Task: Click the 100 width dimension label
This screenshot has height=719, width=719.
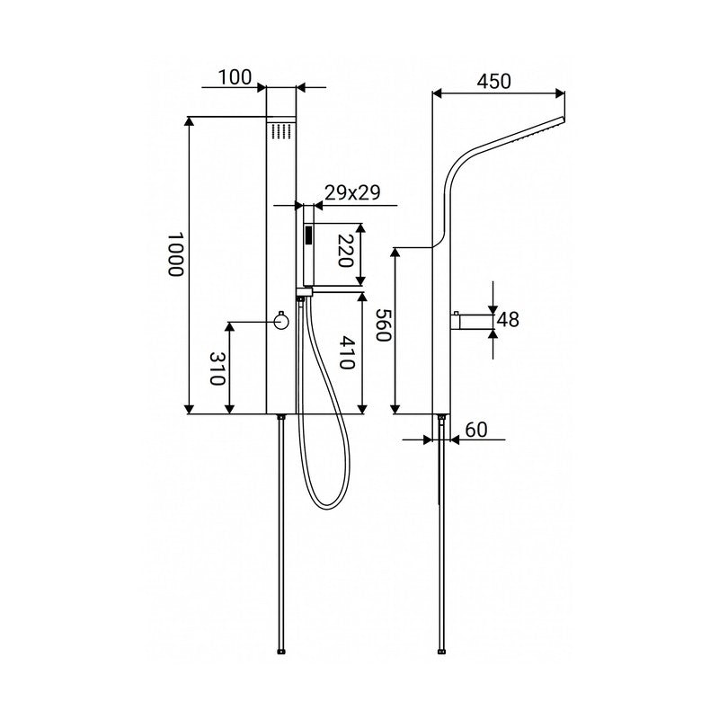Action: coord(235,77)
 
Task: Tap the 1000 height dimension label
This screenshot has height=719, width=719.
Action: coord(175,254)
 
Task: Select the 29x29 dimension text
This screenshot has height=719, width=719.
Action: coord(352,192)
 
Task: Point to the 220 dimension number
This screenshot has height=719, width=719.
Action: coord(346,251)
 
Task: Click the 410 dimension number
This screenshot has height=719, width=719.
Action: coord(347,352)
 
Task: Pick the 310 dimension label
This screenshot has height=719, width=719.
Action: coord(217,368)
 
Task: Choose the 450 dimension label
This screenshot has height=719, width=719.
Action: coord(493,82)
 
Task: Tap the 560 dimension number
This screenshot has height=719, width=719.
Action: coord(383,324)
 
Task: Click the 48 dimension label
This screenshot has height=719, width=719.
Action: coord(508,319)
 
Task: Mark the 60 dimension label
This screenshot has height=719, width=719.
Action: coord(476,430)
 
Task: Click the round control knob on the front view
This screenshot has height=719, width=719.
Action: coord(281,321)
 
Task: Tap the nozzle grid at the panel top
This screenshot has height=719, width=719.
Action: coord(282,130)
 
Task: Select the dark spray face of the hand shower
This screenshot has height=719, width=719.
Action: coord(309,235)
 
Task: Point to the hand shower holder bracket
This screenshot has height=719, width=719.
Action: coord(304,290)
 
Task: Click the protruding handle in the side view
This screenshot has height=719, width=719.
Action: coord(473,322)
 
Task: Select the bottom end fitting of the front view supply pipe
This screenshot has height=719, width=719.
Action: coord(281,651)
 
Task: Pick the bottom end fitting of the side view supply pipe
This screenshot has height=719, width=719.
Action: coord(441,651)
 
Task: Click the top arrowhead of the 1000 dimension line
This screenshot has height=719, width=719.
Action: coord(189,121)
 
